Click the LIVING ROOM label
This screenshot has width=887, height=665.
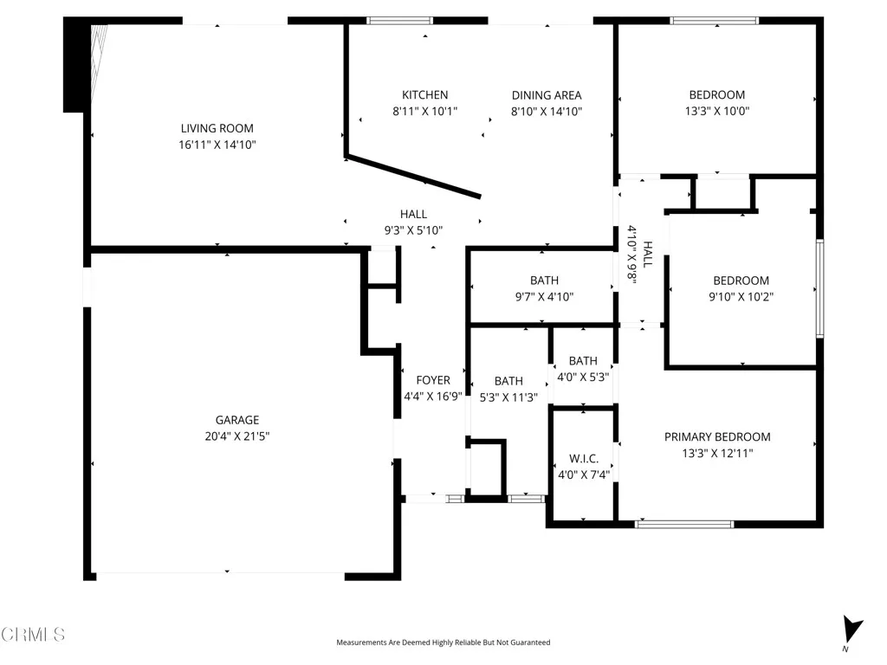pyautogui.click(x=217, y=128)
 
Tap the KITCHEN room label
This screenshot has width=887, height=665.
pyautogui.click(x=424, y=95)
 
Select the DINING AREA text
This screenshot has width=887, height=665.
pyautogui.click(x=546, y=95)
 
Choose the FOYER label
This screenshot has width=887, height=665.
pyautogui.click(x=432, y=380)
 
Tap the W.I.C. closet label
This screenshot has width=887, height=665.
pyautogui.click(x=583, y=458)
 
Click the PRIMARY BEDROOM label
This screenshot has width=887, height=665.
pyautogui.click(x=716, y=437)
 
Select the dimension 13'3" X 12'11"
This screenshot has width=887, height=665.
pyautogui.click(x=716, y=453)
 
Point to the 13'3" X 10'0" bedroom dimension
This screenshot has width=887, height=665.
pyautogui.click(x=716, y=111)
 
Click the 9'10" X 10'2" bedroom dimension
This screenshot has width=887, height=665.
pyautogui.click(x=741, y=296)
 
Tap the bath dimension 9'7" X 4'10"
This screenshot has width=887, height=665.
pyautogui.click(x=544, y=296)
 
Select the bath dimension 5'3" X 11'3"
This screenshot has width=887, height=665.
pyautogui.click(x=508, y=397)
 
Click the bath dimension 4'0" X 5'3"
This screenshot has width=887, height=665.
pyautogui.click(x=583, y=377)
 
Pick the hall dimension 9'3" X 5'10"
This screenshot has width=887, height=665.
pyautogui.click(x=413, y=230)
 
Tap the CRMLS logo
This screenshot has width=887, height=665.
pyautogui.click(x=33, y=635)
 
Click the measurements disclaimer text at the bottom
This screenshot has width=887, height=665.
pyautogui.click(x=443, y=642)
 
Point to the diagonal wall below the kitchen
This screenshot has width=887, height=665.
pyautogui.click(x=413, y=177)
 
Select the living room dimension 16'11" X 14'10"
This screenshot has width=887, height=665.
pyautogui.click(x=217, y=145)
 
